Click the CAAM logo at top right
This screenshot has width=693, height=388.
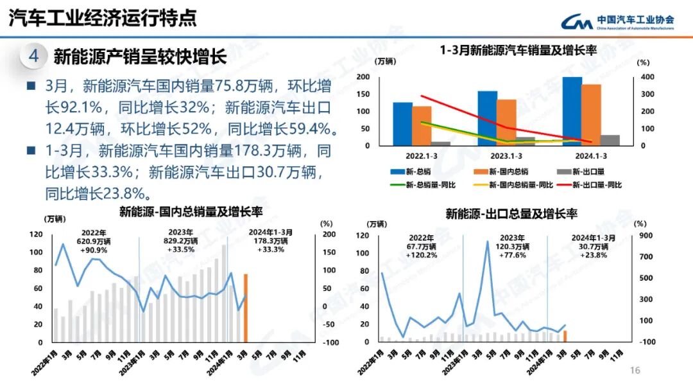pyautogui.click(x=617, y=22)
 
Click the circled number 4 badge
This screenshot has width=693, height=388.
pyautogui.click(x=33, y=57)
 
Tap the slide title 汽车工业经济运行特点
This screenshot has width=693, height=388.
pyautogui.click(x=103, y=18)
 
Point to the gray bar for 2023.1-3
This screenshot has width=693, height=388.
pyautogui.click(x=525, y=141)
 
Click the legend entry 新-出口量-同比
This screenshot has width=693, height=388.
pyautogui.click(x=595, y=185)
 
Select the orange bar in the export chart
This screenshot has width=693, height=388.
pyautogui.click(x=565, y=336)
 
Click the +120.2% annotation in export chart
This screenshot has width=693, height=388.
pyautogui.click(x=422, y=255)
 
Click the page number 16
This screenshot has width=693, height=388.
pyautogui.click(x=635, y=371)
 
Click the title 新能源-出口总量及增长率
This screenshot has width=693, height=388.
pyautogui.click(x=511, y=214)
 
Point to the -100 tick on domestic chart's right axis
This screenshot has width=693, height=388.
pyautogui.click(x=330, y=342)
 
